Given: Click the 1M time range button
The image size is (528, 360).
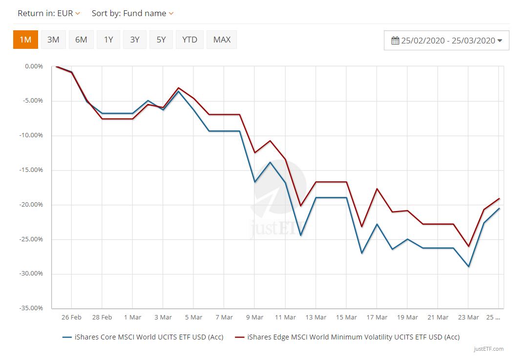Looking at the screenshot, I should point(25,40).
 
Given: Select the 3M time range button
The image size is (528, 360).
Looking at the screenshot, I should point(53,40).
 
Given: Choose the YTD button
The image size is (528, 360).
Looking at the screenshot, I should point(190,40).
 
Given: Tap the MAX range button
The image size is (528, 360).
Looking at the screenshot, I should point(222,40).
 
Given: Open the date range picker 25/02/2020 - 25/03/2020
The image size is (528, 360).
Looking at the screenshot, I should point(446,41).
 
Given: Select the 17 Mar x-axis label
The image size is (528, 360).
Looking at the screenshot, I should point(377,318).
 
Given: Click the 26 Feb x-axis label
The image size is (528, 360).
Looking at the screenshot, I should point(71,318).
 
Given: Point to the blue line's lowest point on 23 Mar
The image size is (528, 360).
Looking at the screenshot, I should point(468,266).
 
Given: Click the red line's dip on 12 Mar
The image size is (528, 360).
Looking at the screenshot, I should point(300,206).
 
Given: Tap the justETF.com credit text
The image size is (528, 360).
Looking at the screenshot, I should point(488,349).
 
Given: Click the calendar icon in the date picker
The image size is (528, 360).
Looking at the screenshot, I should point(395,41).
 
